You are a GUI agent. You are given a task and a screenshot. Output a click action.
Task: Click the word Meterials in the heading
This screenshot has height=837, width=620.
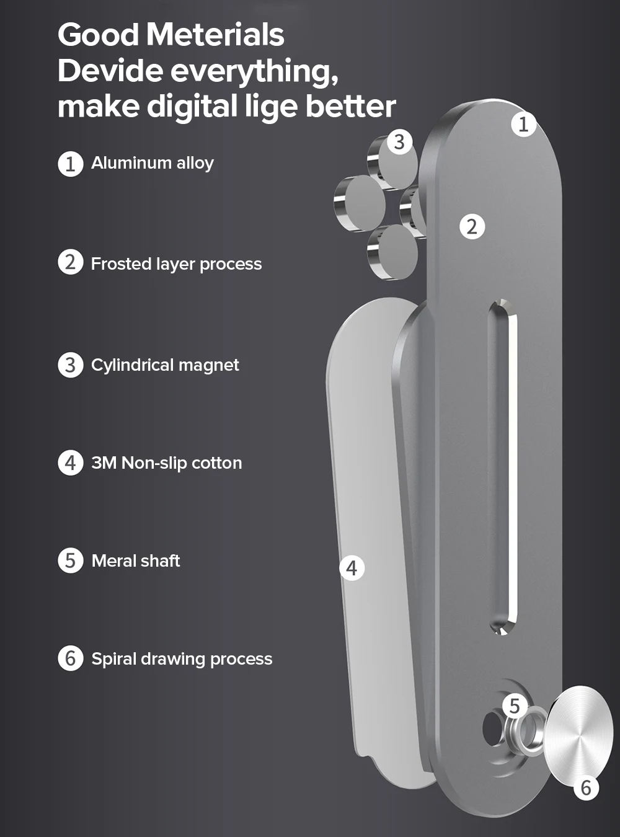point(215,34)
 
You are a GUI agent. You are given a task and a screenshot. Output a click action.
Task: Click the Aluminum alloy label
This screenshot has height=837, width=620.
point(153,163)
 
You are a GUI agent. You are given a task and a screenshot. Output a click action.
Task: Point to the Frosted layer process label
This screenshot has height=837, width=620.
point(176,264)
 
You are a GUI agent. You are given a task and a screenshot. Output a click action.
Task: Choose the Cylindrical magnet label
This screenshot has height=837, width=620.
point(165,365)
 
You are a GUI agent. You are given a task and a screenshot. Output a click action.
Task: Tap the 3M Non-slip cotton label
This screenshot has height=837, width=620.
point(166,463)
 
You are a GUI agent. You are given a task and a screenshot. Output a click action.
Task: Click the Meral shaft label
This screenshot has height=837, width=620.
point(136,561)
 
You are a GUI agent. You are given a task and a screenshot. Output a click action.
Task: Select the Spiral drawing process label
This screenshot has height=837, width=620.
point(182,658)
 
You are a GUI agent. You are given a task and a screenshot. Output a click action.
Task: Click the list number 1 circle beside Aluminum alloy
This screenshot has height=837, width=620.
point(71,164)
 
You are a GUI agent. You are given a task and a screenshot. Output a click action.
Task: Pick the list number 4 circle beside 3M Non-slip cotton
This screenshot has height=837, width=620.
point(71,463)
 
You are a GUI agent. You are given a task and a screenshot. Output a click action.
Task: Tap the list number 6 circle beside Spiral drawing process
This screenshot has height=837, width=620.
point(71,658)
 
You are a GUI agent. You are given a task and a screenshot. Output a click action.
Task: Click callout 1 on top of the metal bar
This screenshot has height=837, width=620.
point(524,124)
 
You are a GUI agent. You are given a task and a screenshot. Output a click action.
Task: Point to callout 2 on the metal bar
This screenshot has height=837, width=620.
point(472,226)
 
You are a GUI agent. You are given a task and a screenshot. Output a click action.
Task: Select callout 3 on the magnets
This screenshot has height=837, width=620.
point(399,141)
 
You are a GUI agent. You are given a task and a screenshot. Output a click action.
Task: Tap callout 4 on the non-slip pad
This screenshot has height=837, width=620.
point(352,568)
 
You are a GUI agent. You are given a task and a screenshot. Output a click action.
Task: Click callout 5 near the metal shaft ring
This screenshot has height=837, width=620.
point(515,706)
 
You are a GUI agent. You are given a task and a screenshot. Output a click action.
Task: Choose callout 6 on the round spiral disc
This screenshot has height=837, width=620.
point(586,789)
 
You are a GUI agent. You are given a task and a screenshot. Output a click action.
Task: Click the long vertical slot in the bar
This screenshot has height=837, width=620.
point(503,465)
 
